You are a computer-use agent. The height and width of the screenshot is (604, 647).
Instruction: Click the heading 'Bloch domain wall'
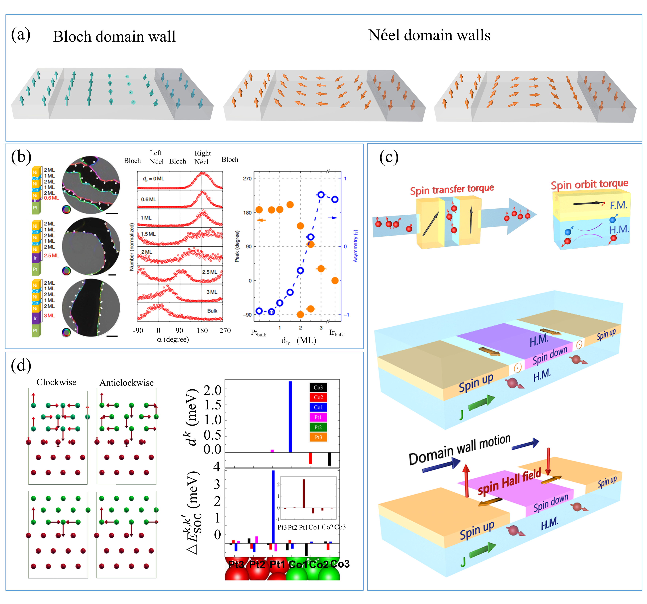tap(114, 37)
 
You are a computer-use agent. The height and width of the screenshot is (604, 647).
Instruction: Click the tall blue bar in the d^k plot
tap(290, 417)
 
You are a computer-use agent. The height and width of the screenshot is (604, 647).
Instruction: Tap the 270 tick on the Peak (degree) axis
tap(247, 179)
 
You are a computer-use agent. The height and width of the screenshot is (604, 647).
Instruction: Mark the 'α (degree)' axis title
tap(173, 339)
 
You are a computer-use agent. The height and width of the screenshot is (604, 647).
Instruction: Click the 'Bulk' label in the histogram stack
tap(212, 311)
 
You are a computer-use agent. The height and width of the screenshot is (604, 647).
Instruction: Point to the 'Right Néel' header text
tap(203, 157)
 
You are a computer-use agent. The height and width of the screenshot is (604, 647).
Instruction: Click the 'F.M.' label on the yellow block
tap(618, 205)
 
